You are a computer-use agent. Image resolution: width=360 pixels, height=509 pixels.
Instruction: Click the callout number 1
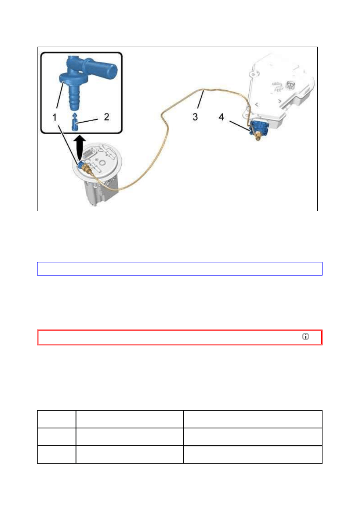tap(54, 118)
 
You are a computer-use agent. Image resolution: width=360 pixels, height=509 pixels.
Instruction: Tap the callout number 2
tap(106, 117)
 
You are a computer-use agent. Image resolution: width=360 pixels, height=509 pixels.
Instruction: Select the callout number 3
tap(195, 117)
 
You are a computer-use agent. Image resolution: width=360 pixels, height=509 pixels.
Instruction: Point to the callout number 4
tap(221, 117)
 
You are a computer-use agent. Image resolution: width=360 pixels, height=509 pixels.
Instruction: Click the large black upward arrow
tap(79, 148)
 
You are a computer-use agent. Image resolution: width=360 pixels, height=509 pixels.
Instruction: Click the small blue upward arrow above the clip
tap(75, 115)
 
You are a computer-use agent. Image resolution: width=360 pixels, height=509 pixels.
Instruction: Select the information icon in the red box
tap(306, 337)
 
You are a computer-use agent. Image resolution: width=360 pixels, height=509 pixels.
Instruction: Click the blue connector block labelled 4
tap(259, 127)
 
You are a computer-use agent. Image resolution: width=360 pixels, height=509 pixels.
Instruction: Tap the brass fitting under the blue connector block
tap(258, 136)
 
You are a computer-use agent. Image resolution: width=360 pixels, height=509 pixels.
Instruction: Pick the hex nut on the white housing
tap(290, 85)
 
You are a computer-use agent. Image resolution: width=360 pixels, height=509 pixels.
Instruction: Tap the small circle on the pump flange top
tap(102, 163)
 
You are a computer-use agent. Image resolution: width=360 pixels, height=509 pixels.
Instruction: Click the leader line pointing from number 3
tap(200, 99)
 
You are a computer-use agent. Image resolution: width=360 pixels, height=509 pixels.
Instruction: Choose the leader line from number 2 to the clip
tap(88, 121)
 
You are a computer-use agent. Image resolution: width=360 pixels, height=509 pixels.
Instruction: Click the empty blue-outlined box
tap(180, 269)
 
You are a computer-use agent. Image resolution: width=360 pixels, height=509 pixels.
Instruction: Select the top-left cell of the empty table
tap(56, 419)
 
